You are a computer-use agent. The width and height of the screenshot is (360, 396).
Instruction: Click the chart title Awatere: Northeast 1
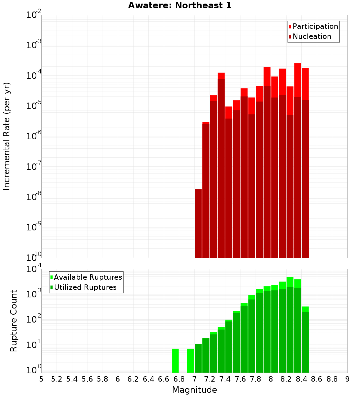[x=180, y=6]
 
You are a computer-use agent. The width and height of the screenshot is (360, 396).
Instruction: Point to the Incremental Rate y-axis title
[x=7, y=136]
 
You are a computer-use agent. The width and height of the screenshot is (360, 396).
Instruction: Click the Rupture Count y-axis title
[x=14, y=321]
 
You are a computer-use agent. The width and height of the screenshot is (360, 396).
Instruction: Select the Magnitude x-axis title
[x=194, y=390]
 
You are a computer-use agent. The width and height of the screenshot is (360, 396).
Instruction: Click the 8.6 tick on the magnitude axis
[x=317, y=379]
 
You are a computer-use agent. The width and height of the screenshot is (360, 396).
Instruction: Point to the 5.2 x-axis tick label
[x=57, y=379]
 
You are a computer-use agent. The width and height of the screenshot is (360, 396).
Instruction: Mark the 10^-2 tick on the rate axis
[x=34, y=15]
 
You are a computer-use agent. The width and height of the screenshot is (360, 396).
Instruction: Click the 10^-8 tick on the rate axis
[x=34, y=197]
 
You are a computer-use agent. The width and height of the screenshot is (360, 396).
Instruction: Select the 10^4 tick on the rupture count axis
[x=34, y=269]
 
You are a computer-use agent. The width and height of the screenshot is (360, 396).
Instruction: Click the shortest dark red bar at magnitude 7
[x=198, y=223]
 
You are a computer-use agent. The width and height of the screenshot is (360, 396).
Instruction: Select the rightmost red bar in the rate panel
[x=305, y=162]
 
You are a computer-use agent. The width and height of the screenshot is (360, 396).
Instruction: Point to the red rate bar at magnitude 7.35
[x=221, y=166]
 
